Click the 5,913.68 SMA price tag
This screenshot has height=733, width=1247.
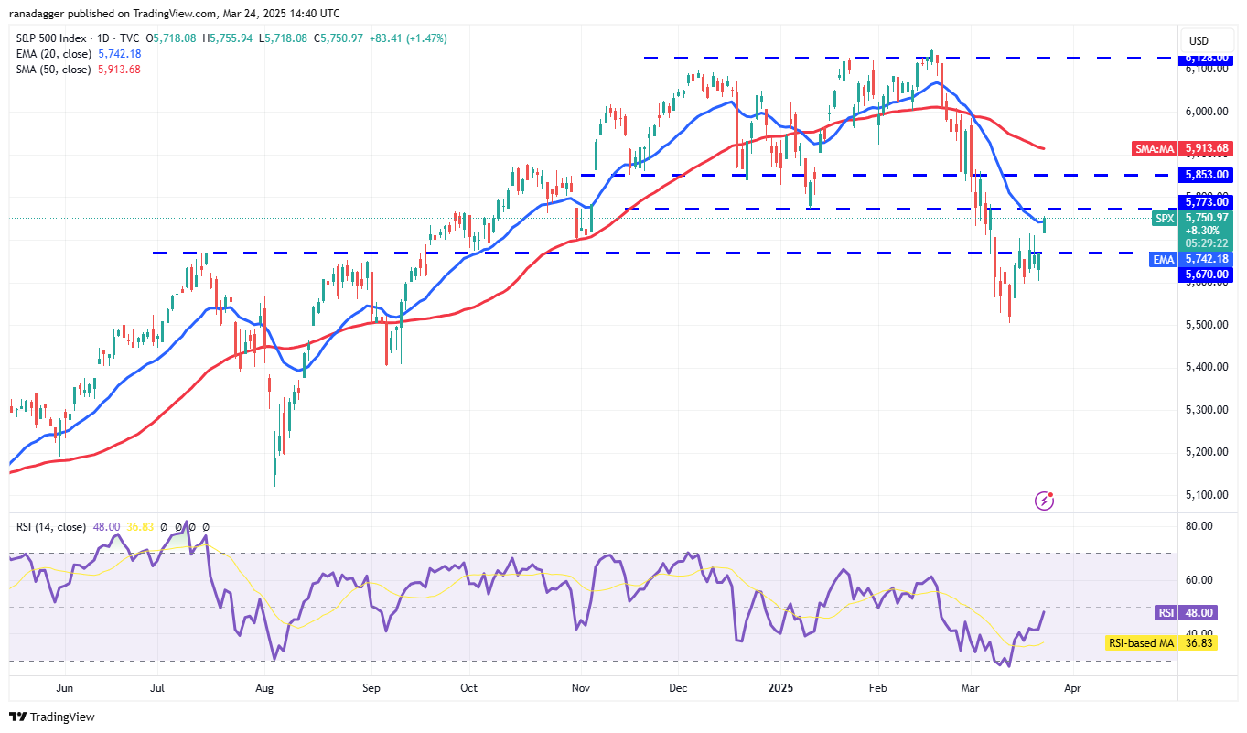[1205, 147]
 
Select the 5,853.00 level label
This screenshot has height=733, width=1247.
[1205, 175]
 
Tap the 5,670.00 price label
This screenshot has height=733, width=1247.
[1205, 274]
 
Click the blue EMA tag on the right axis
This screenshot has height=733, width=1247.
[1163, 260]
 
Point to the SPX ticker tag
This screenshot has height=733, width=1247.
[1164, 218]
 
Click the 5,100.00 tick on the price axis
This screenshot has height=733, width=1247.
[1205, 495]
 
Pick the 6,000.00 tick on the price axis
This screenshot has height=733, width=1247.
[1205, 112]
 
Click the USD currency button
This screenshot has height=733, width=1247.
[1199, 40]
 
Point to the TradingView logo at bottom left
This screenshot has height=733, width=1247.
[52, 717]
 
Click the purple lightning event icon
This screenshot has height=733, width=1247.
[1044, 501]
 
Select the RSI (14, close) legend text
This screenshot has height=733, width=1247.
[51, 527]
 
